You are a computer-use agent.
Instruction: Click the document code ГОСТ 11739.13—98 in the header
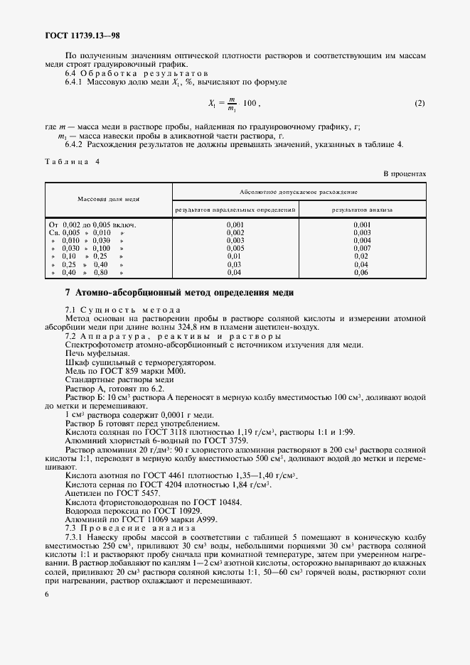(84, 35)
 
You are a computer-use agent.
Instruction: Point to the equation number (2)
(420, 104)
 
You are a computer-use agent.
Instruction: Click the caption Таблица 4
(72, 162)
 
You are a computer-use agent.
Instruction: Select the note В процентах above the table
(405, 173)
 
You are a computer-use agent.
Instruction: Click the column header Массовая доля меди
(109, 200)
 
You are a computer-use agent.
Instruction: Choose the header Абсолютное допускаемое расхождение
(299, 192)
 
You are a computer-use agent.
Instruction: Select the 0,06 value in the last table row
(362, 272)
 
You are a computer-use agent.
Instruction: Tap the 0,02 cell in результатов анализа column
(362, 256)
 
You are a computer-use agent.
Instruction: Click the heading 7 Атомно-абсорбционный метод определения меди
(179, 293)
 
